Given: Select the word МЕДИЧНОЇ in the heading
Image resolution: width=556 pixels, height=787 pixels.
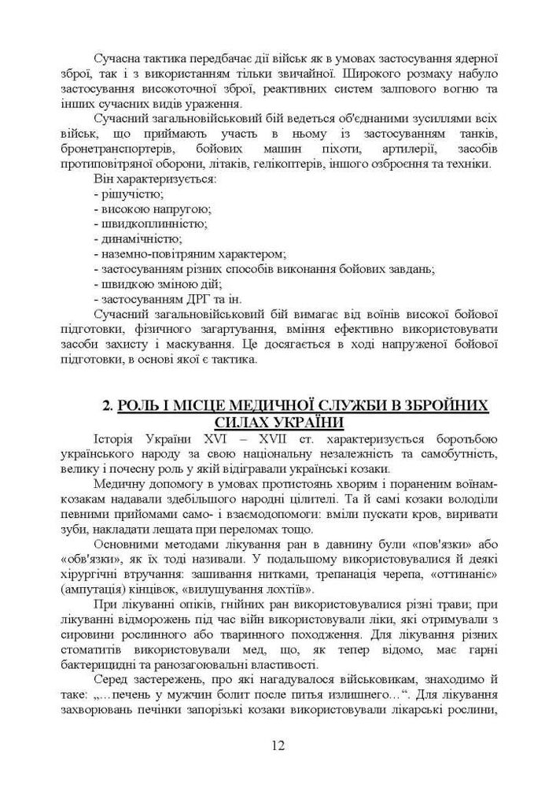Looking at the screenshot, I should click(274, 406).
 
